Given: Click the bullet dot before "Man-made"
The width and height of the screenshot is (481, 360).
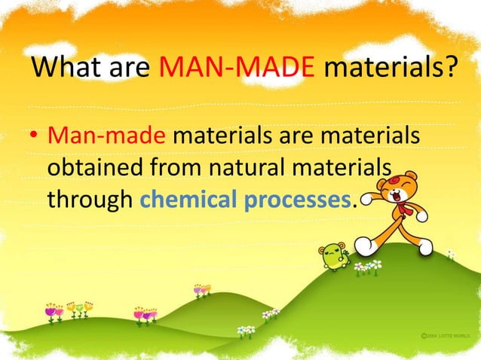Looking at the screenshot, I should click(x=34, y=139).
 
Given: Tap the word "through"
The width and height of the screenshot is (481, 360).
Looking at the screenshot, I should click(x=90, y=199).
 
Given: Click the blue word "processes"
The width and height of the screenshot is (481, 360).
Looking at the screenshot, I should click(x=303, y=199).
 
